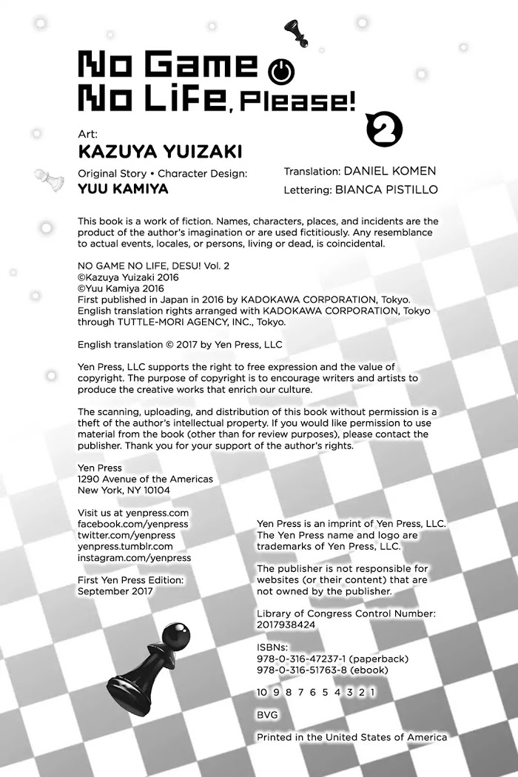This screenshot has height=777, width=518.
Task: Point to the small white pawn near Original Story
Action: pyautogui.click(x=44, y=179)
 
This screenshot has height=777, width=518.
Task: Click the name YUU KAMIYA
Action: pyautogui.click(x=123, y=189)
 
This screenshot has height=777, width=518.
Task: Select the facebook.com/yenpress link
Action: pyautogui.click(x=133, y=524)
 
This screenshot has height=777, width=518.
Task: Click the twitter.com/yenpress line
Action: pyautogui.click(x=127, y=535)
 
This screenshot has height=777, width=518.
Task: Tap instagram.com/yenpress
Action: pyautogui.click(x=134, y=557)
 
